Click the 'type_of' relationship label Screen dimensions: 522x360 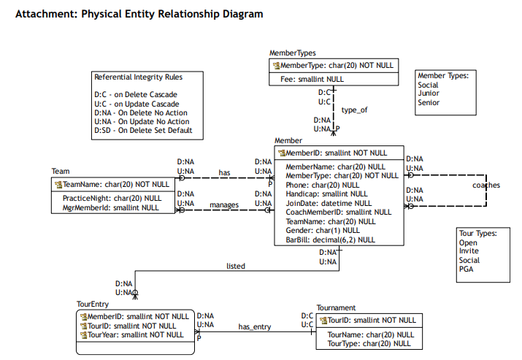click(x=354, y=110)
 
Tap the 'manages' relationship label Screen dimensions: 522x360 click(x=224, y=204)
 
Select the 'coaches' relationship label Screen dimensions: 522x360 click(x=486, y=185)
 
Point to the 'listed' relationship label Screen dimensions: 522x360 click(x=236, y=266)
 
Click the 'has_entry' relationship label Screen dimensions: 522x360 click(x=255, y=326)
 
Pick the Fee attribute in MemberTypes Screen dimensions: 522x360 click(x=312, y=80)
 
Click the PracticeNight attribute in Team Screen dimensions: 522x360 click(x=112, y=198)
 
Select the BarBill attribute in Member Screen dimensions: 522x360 click(x=330, y=240)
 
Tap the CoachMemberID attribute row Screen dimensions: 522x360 click(x=339, y=212)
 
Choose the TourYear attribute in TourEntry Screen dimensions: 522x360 click(x=132, y=334)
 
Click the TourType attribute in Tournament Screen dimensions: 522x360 click(x=369, y=344)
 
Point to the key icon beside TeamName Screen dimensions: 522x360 click(x=58, y=185)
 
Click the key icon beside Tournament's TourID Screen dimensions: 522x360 click(x=323, y=321)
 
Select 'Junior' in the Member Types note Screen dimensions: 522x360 click(x=429, y=93)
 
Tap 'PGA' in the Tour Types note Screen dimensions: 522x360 click(x=466, y=269)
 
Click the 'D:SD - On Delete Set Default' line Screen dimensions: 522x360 click(x=143, y=130)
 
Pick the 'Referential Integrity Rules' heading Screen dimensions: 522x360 click(x=138, y=77)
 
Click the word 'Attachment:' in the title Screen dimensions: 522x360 click(x=47, y=14)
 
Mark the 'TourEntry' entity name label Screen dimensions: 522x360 click(x=93, y=304)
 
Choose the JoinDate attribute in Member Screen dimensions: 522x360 click(x=329, y=203)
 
